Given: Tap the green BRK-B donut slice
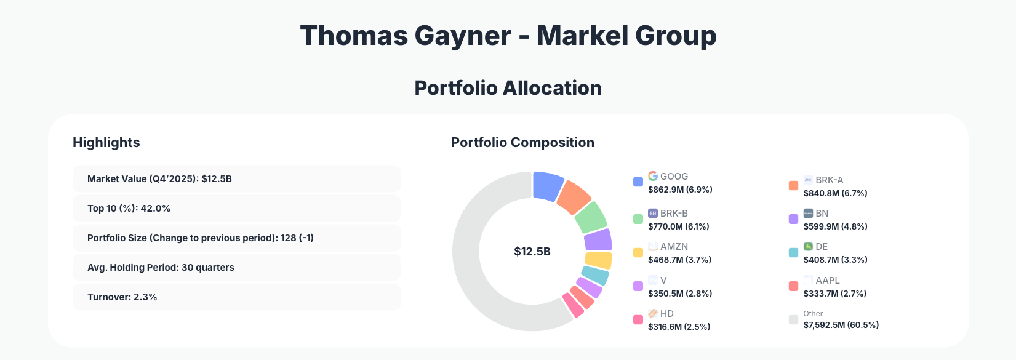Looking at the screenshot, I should [591, 217].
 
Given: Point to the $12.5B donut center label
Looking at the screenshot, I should [532, 252].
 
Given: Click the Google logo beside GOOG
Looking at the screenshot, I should [653, 176].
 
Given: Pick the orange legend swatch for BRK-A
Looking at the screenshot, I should [793, 185].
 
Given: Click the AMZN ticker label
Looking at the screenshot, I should [674, 247].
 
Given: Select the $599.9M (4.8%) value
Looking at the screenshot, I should [835, 226].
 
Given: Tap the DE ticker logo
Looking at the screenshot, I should [808, 246].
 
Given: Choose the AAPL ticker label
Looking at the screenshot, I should [827, 280].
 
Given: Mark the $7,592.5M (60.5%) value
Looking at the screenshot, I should [841, 325].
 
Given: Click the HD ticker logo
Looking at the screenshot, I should [653, 313].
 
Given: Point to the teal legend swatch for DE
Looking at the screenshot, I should [793, 252].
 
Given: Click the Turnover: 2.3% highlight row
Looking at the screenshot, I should [237, 297].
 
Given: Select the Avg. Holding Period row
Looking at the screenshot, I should [237, 267].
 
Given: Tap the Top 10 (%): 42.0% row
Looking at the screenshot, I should [237, 208].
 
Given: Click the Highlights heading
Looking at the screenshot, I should [106, 142].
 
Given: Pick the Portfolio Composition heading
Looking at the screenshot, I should [522, 142].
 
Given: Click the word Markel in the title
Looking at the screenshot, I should [582, 36].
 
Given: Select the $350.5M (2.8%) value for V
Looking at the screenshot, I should [680, 294].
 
